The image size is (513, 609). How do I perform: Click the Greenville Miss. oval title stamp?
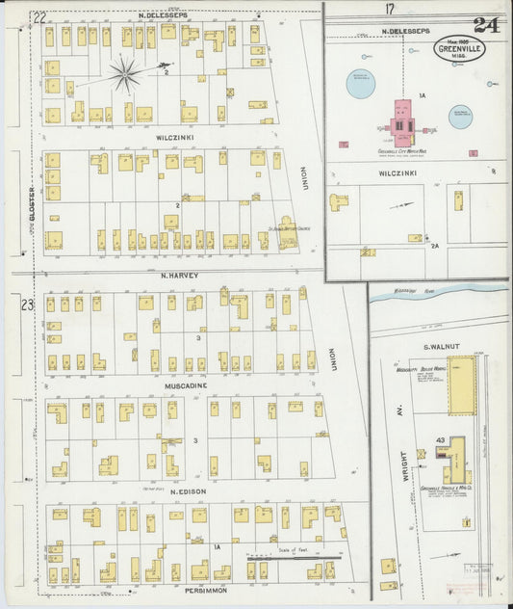point(458,48)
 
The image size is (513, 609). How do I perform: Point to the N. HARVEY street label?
point(178,275)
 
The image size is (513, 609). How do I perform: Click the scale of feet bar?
point(289,556)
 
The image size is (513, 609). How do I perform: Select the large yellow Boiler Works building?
point(461,384)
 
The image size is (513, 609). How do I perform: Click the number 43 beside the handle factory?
point(440,440)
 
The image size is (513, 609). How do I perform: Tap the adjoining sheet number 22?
point(39,16)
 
